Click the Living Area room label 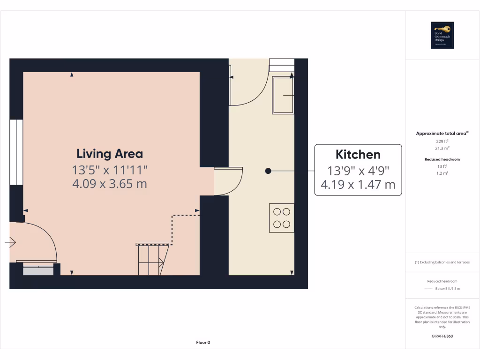click(110, 154)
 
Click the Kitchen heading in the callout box click(358, 154)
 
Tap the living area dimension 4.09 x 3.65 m click(110, 184)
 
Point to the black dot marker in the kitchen click(268, 171)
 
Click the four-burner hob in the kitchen click(281, 218)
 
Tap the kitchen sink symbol click(284, 95)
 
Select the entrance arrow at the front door click(11, 242)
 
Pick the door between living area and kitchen click(228, 180)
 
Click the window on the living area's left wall click(16, 152)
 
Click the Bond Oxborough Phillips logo click(442, 35)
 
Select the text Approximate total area click(442, 134)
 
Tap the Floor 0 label click(203, 342)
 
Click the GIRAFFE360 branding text click(442, 336)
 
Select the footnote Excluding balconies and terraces click(442, 262)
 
